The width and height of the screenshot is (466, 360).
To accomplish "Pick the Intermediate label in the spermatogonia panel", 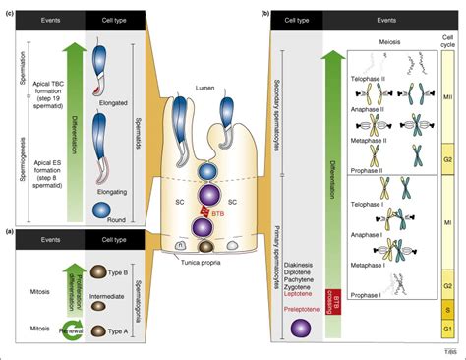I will (137, 291).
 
